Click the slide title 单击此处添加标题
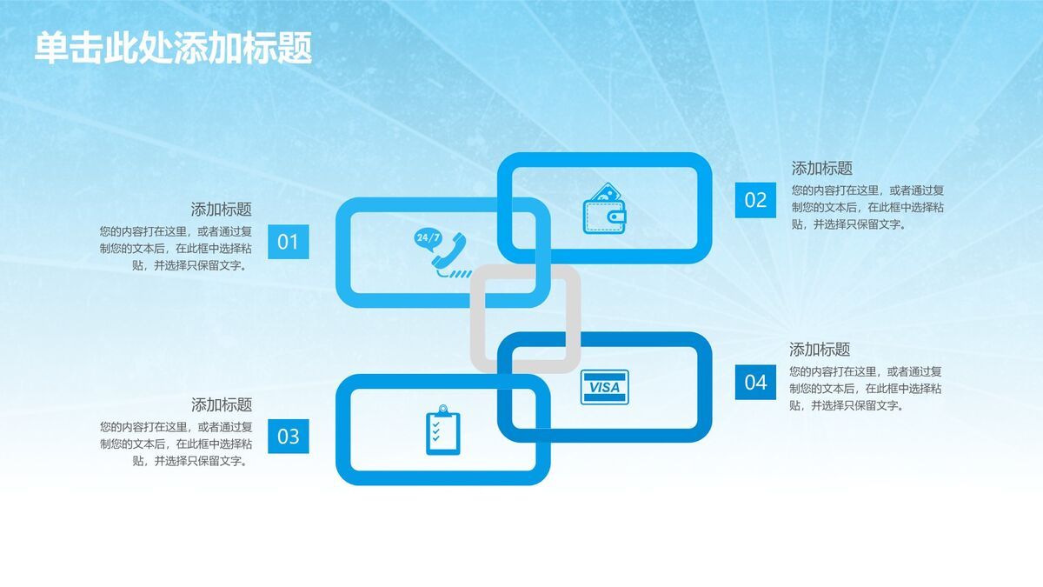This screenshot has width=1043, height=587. tap(173, 48)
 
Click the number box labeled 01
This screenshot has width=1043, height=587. tap(288, 242)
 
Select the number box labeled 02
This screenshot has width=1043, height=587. tap(755, 200)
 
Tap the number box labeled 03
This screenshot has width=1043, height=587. tap(288, 437)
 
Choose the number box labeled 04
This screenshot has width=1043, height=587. tap(755, 382)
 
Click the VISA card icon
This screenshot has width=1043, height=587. tap(604, 387)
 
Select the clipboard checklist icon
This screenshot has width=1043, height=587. tap(442, 430)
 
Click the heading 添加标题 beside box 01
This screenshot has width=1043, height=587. tap(222, 210)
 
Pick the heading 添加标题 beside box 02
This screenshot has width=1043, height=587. tap(821, 169)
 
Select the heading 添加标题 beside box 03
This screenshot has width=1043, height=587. tap(222, 405)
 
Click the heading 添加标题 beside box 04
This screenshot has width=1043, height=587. tap(820, 350)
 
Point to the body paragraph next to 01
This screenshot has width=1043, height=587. tap(176, 249)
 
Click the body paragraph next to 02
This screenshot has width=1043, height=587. tap(867, 207)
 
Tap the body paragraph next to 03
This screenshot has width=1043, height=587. tap(176, 444)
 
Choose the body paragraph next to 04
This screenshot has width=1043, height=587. tap(866, 388)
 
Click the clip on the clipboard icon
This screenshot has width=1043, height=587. tap(442, 409)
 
